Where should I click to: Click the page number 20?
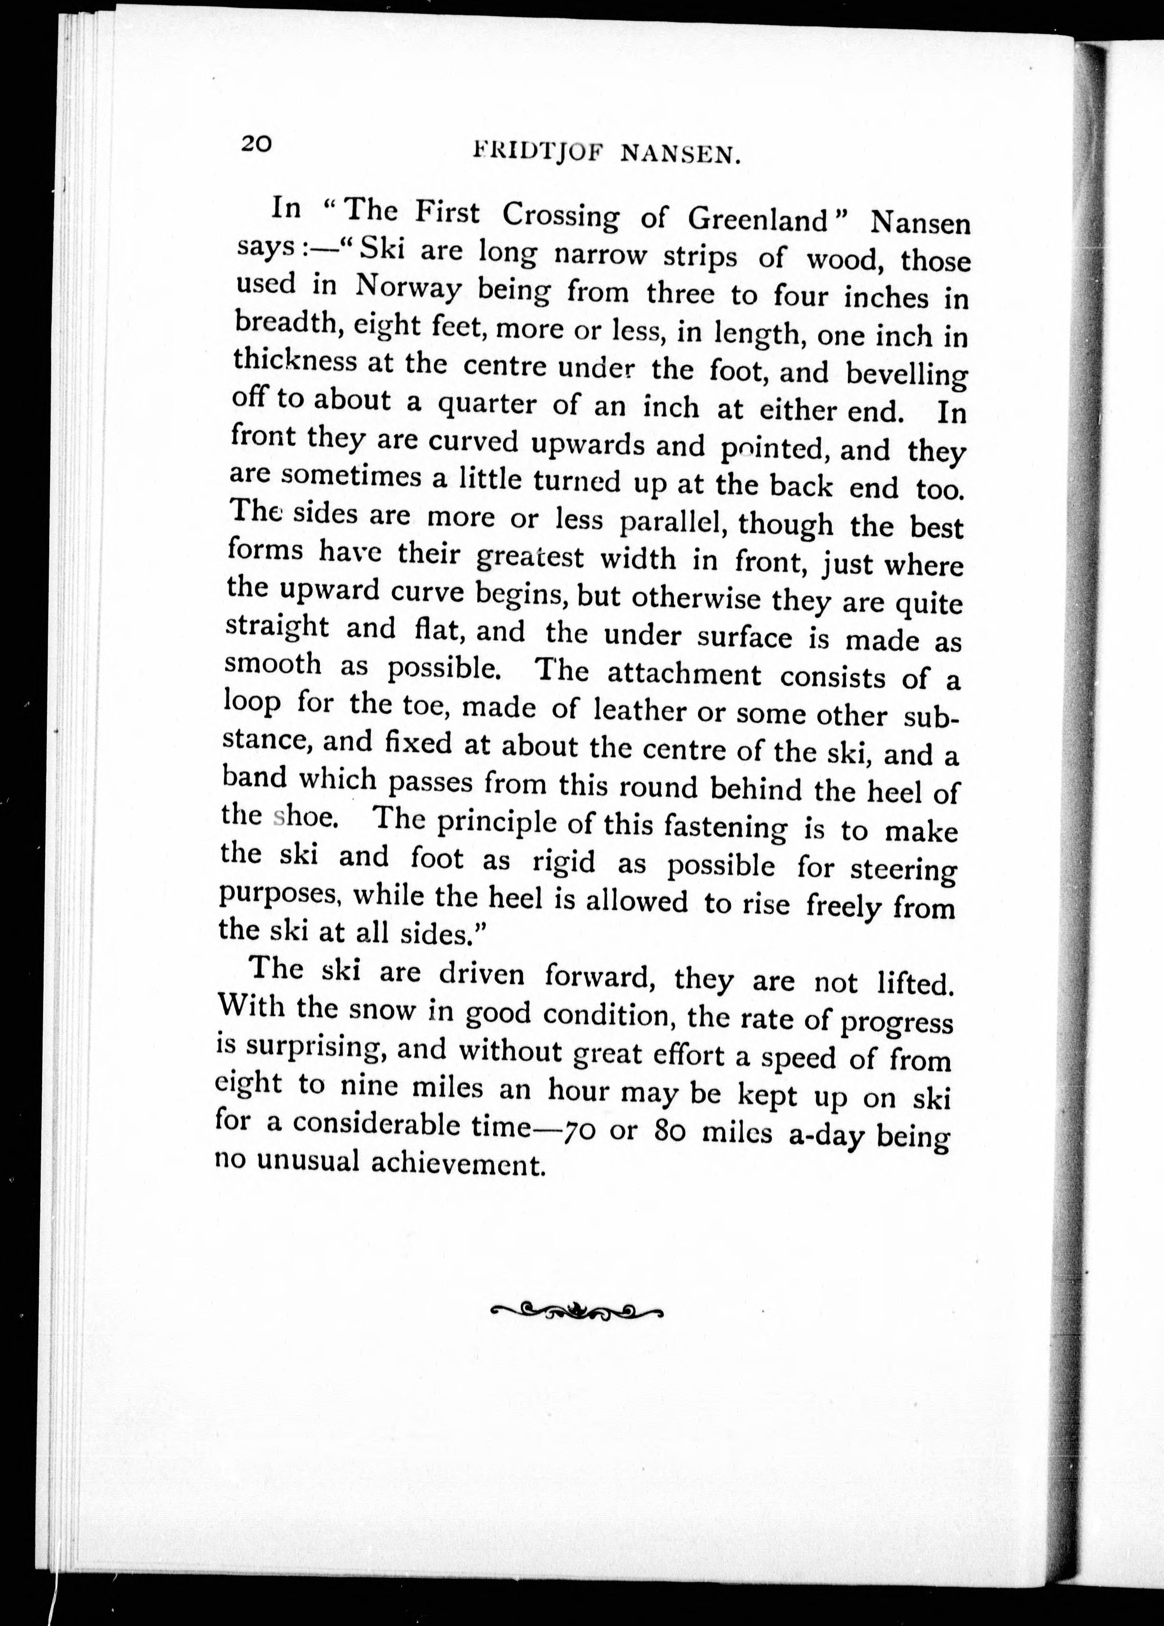click(256, 144)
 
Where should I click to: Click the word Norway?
click(408, 289)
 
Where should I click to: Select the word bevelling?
click(906, 374)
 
